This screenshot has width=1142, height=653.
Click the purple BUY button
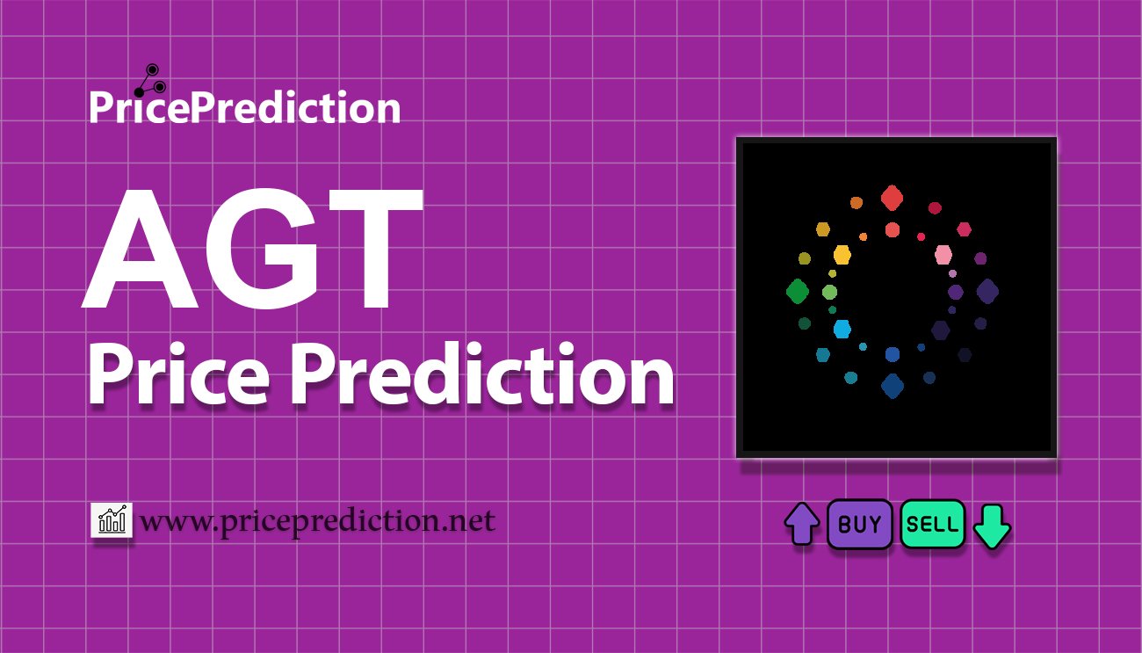859,524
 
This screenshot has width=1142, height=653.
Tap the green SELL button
933,524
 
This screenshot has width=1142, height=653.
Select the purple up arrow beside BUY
802,524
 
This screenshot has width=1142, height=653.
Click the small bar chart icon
112,519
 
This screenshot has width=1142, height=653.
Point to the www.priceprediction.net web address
318,521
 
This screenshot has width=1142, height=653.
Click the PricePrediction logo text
245,107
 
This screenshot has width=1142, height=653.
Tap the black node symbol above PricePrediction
150,81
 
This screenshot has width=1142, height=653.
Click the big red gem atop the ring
893,198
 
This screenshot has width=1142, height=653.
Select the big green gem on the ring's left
798,291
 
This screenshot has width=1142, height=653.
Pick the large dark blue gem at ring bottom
893,386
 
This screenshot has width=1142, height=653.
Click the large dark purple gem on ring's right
987,291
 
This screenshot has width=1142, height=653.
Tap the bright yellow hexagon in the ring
842,254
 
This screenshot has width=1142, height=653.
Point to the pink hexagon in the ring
943,254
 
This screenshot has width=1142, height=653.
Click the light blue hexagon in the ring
842,329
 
